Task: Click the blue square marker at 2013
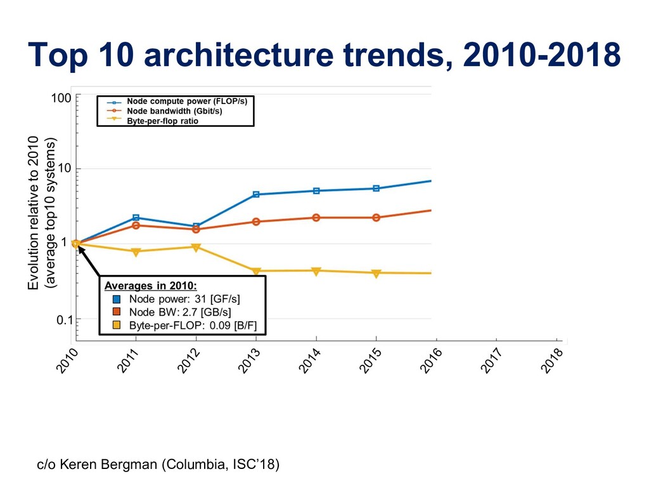pyautogui.click(x=256, y=194)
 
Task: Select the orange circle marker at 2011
pyautogui.click(x=136, y=225)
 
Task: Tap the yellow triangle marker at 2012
pyautogui.click(x=196, y=248)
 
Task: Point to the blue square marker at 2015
pyautogui.click(x=376, y=188)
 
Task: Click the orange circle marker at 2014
pyautogui.click(x=316, y=218)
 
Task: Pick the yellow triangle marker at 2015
pyautogui.click(x=376, y=274)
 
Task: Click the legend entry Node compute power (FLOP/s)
pyautogui.click(x=186, y=102)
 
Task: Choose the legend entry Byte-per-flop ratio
pyautogui.click(x=162, y=121)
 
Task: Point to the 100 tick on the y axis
pyautogui.click(x=61, y=98)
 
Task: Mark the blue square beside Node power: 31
pyautogui.click(x=117, y=298)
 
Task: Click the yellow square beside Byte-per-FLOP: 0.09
pyautogui.click(x=117, y=326)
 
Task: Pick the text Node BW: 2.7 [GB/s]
pyautogui.click(x=180, y=312)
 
